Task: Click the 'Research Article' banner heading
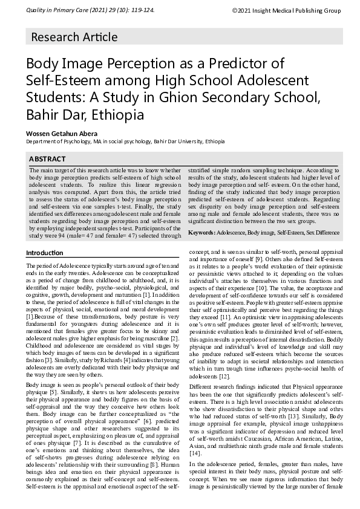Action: click(74, 37)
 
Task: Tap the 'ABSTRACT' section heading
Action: click(47, 159)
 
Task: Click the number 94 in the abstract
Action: click(62, 236)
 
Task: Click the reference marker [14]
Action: click(195, 436)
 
